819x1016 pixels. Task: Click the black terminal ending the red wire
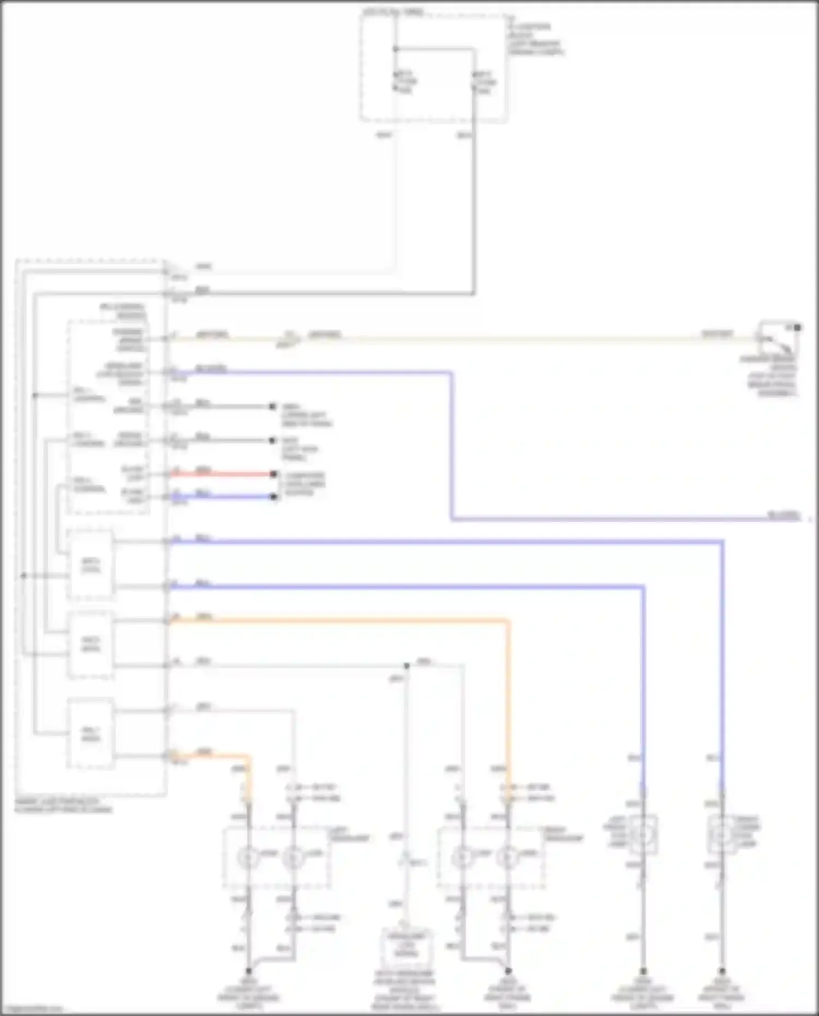[274, 474]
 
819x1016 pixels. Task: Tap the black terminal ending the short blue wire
[274, 497]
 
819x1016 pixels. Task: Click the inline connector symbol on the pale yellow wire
[289, 338]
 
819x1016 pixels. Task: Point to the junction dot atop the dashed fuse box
[396, 49]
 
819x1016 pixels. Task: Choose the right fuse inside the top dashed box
[474, 82]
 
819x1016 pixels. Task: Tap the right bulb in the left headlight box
[293, 858]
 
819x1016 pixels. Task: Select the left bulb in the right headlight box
[463, 858]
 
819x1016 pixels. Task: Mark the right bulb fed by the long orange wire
[508, 858]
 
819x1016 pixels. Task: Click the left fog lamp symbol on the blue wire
[643, 834]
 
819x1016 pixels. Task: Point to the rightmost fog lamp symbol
[721, 834]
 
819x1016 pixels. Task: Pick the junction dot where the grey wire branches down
[406, 666]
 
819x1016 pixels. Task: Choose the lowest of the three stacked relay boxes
[91, 734]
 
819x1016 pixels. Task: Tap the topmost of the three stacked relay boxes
[91, 564]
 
